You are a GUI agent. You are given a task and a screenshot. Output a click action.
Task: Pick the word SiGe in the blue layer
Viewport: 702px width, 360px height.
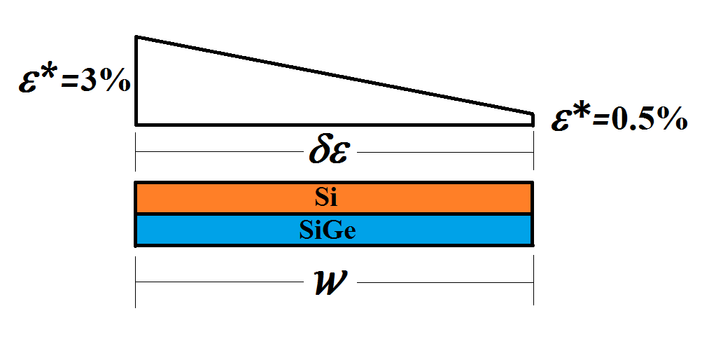pos(328,230)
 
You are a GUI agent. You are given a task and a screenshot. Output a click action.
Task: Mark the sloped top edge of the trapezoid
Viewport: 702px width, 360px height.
pos(335,74)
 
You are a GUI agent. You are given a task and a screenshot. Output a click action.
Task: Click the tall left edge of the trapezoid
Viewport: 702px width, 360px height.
pos(136,81)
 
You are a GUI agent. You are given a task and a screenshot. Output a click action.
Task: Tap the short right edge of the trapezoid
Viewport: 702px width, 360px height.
pos(534,118)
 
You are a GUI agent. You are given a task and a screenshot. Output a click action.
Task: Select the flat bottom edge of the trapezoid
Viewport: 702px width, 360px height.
pos(335,125)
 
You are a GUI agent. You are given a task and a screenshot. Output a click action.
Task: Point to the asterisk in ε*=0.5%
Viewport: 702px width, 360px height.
pos(580,113)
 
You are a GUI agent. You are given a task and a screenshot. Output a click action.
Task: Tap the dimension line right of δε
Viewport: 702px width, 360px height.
pos(448,151)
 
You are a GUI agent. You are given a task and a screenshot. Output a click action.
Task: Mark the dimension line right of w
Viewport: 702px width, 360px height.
pos(448,282)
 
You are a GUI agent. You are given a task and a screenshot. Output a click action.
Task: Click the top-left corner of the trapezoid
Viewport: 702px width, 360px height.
pos(136,36)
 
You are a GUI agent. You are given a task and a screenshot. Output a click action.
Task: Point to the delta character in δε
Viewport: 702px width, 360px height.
pos(318,151)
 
